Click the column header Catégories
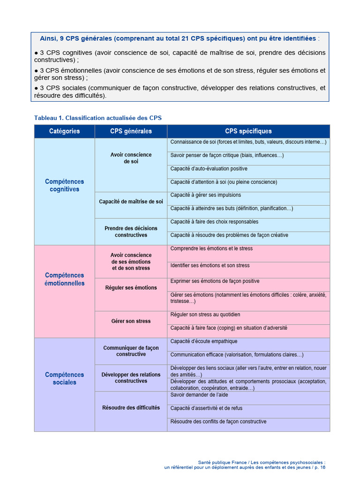tap(64, 131)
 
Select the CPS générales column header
tap(131, 131)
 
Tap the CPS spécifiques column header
tap(248, 131)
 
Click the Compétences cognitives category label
tap(64, 185)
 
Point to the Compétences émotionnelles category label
tap(64, 279)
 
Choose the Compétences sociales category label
tap(64, 378)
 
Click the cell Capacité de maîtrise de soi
tap(131, 202)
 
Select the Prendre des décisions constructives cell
tap(131, 232)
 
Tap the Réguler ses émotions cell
tap(131, 287)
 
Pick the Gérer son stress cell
tap(131, 321)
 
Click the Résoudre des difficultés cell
tap(131, 407)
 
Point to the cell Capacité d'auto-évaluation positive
tap(209, 169)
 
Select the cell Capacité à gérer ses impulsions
tap(205, 195)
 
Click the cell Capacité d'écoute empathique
tap(203, 341)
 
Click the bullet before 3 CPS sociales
tap(36, 88)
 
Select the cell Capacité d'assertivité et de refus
tap(206, 408)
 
